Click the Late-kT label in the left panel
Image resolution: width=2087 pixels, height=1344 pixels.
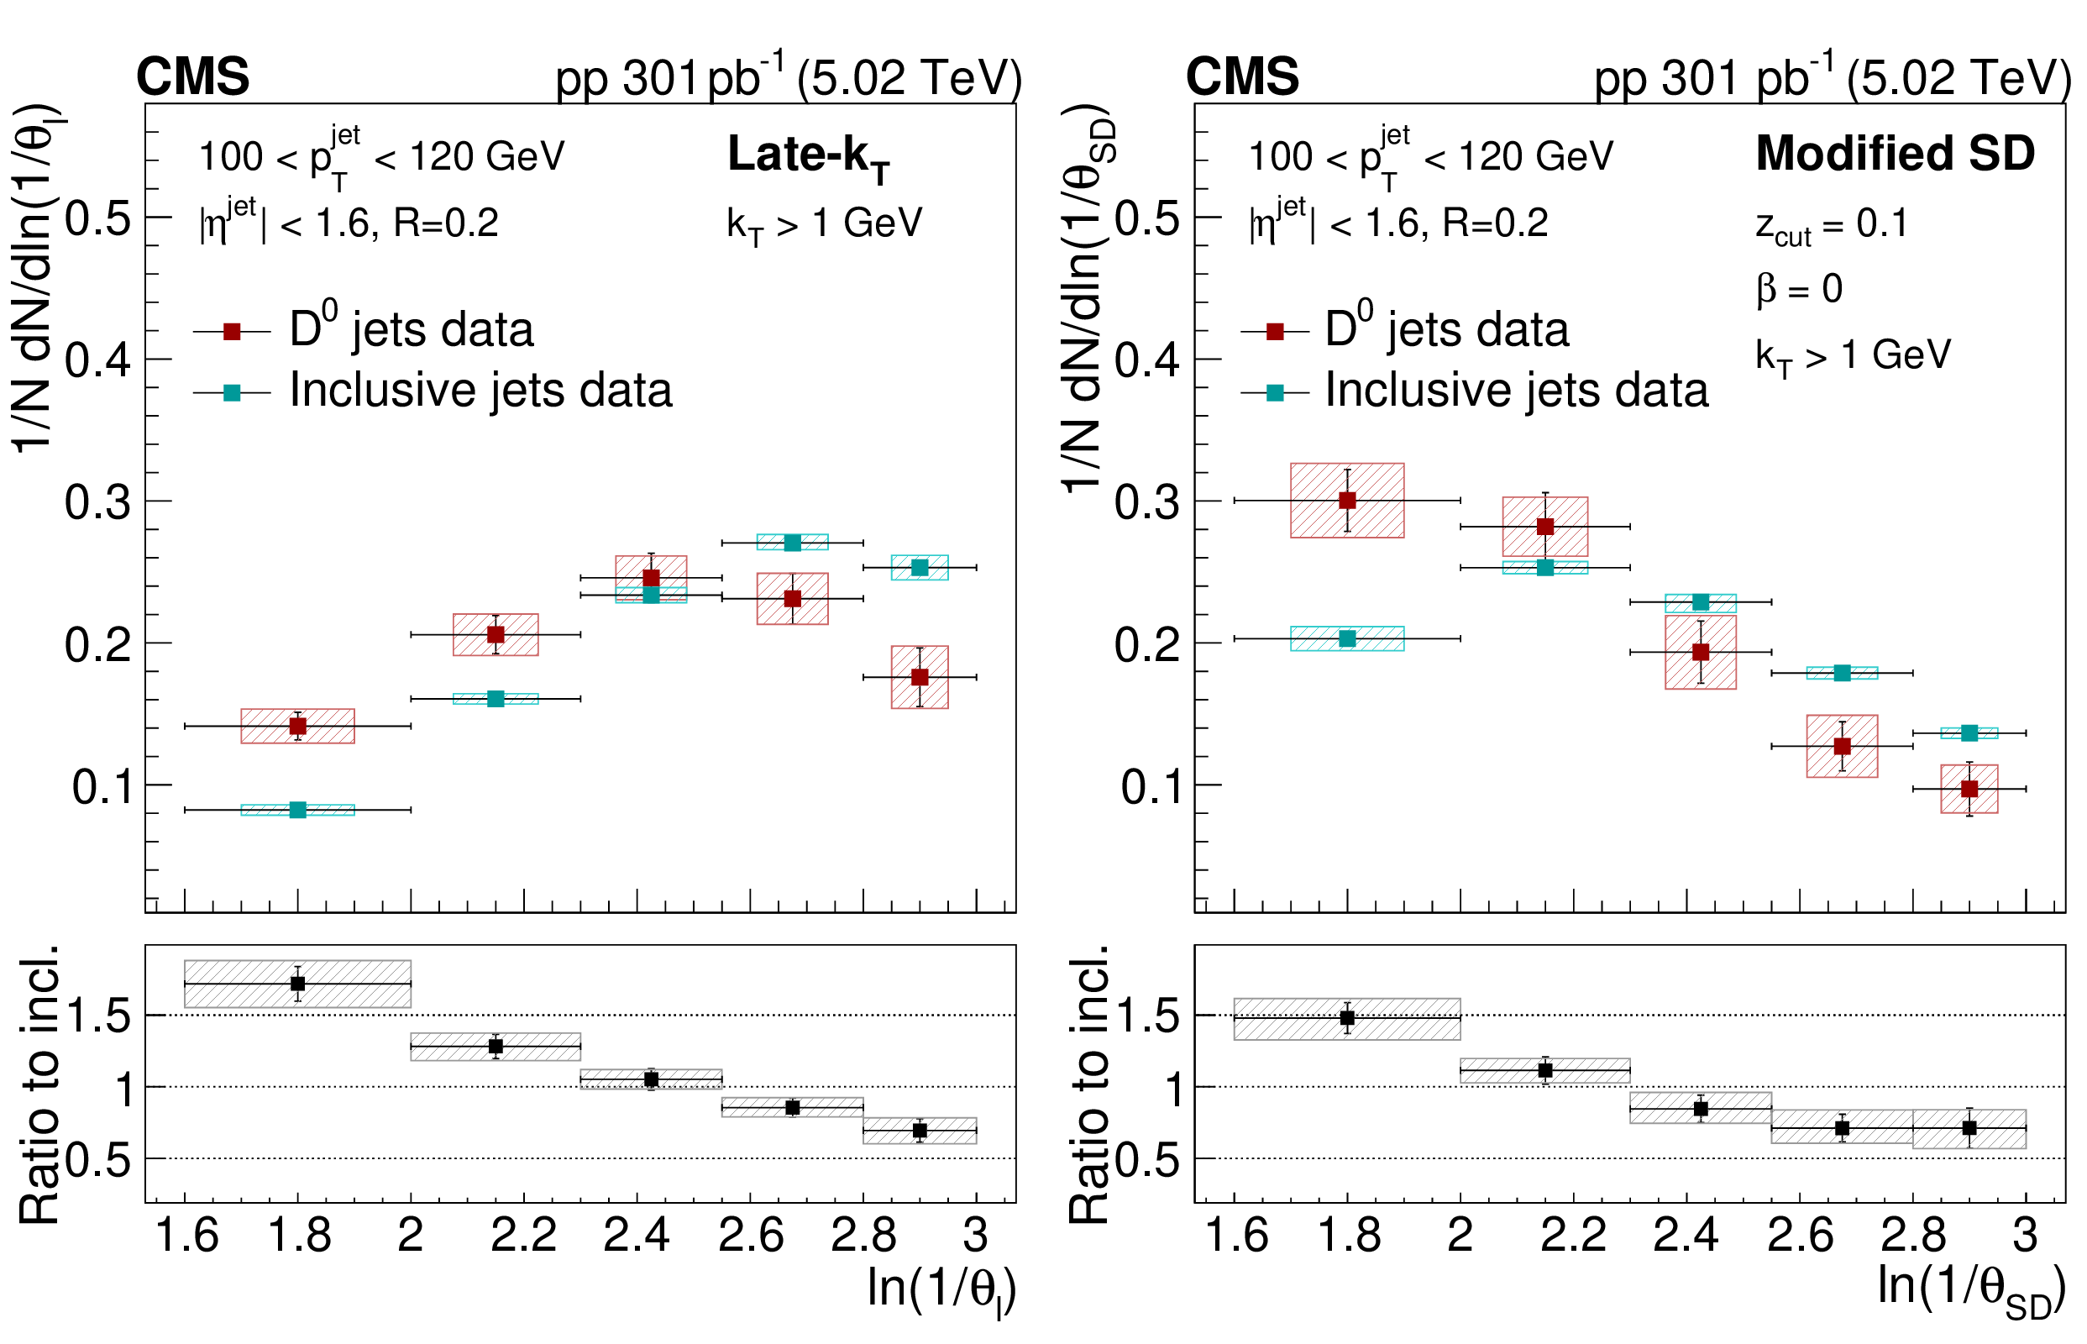pyautogui.click(x=808, y=157)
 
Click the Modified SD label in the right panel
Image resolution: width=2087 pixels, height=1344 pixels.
pyautogui.click(x=1894, y=154)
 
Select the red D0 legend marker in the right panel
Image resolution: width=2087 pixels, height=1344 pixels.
pyautogui.click(x=1275, y=332)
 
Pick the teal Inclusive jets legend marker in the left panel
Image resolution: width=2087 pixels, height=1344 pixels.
pyautogui.click(x=232, y=393)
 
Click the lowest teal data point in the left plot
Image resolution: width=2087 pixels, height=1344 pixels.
pyautogui.click(x=297, y=810)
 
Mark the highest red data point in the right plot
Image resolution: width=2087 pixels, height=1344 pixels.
pyautogui.click(x=1347, y=500)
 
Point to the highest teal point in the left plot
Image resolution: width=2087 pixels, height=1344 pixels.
pyautogui.click(x=792, y=543)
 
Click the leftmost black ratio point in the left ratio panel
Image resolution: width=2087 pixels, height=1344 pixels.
pyautogui.click(x=297, y=984)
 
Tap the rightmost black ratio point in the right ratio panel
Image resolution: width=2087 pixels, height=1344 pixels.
pyautogui.click(x=1969, y=1127)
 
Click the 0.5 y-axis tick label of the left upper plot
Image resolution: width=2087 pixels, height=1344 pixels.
pyautogui.click(x=97, y=218)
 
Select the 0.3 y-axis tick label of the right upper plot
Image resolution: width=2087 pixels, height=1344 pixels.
pyautogui.click(x=1147, y=502)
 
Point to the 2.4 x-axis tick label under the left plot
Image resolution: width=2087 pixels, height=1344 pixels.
pyautogui.click(x=636, y=1235)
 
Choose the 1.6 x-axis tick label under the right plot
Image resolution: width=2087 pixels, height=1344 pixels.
pyautogui.click(x=1235, y=1235)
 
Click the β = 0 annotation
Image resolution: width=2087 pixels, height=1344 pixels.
pyautogui.click(x=1799, y=289)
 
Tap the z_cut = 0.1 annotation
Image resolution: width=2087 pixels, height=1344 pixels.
pyautogui.click(x=1831, y=225)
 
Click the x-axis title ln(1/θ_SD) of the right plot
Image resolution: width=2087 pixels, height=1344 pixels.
pyautogui.click(x=1970, y=1290)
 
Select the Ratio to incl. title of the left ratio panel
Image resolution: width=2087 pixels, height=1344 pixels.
pyautogui.click(x=39, y=1082)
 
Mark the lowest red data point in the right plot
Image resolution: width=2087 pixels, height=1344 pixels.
pyautogui.click(x=1969, y=789)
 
